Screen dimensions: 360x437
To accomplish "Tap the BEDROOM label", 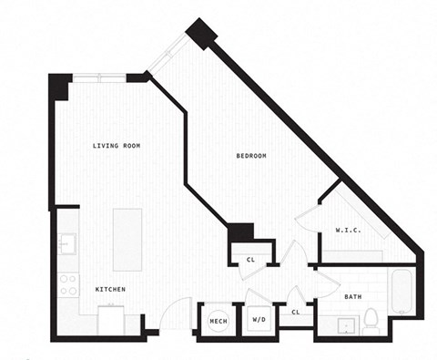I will pyautogui.click(x=251, y=157).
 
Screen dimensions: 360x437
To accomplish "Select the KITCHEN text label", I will pyautogui.click(x=110, y=289).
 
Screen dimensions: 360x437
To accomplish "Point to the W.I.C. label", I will pyautogui.click(x=348, y=230).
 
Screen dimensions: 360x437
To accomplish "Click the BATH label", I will pyautogui.click(x=354, y=297).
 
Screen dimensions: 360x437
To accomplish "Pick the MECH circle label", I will pyautogui.click(x=218, y=321).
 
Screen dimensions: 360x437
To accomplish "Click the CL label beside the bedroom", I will pyautogui.click(x=250, y=260).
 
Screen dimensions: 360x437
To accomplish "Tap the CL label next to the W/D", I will pyautogui.click(x=296, y=313).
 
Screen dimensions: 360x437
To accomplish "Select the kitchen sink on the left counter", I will pyautogui.click(x=67, y=244).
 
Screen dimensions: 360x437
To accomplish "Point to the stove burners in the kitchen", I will pyautogui.click(x=68, y=284).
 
